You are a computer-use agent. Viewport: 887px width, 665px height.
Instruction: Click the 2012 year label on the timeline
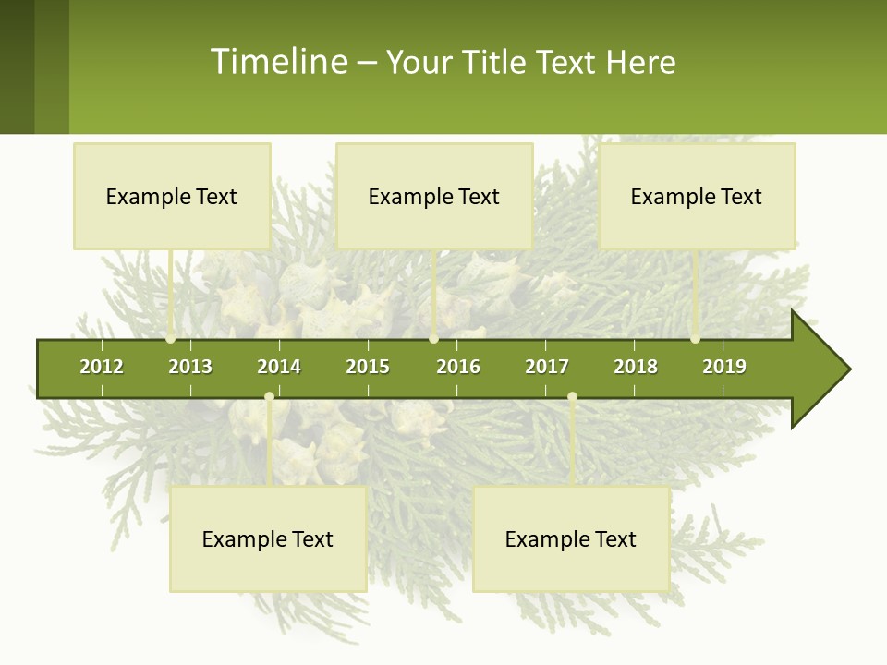(102, 367)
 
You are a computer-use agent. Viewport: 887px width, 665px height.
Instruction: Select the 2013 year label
(190, 367)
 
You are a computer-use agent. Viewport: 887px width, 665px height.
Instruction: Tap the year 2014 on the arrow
(279, 367)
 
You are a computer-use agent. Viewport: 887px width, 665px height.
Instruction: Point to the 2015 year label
(368, 367)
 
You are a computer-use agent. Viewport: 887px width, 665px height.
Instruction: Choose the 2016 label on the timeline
(458, 367)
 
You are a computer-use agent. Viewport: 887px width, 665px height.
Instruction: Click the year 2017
(547, 367)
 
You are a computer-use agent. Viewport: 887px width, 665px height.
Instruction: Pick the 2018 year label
(636, 367)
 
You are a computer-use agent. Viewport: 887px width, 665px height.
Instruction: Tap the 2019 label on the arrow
(724, 367)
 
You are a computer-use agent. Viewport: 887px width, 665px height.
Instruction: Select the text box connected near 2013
(172, 196)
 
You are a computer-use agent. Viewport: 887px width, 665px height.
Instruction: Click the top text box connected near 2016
(434, 196)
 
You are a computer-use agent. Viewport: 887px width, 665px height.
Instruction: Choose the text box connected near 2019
(697, 196)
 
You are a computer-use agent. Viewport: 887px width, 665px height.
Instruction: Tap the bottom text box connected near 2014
(268, 539)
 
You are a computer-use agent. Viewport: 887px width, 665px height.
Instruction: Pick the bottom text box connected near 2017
(571, 539)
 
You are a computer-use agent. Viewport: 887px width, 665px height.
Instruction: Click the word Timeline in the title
(277, 62)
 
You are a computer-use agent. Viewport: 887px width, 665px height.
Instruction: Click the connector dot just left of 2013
(170, 339)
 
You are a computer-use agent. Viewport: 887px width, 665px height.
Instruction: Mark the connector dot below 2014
(269, 397)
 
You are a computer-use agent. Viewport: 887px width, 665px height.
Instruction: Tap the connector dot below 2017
(572, 397)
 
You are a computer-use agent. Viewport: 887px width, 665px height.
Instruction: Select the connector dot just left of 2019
(695, 339)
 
